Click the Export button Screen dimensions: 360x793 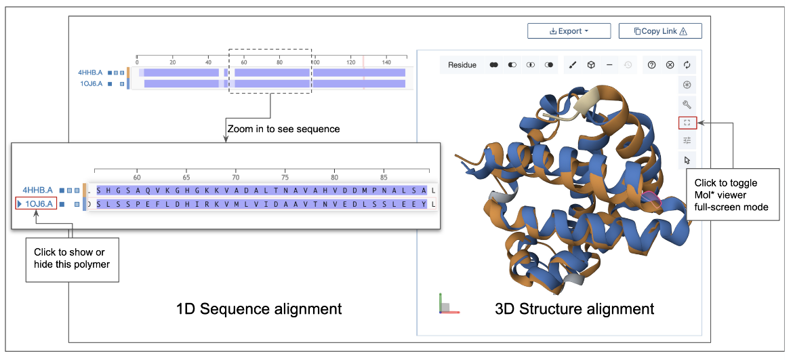569,31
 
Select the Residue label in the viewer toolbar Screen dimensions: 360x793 462,65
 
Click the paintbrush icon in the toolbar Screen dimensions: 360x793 572,65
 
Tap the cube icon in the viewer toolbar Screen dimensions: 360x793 591,65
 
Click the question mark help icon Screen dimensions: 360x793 651,65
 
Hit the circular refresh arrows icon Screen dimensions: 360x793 687,65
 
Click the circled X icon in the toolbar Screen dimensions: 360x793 670,65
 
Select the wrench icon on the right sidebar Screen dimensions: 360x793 687,104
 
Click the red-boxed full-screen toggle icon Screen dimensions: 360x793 687,123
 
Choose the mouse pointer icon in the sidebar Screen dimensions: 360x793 687,160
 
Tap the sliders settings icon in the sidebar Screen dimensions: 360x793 687,140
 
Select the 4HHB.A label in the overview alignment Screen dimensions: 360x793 91,72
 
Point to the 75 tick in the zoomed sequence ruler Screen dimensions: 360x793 285,174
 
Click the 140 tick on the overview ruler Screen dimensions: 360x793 386,62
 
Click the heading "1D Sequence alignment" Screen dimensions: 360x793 258,309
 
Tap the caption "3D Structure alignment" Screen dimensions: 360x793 575,309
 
